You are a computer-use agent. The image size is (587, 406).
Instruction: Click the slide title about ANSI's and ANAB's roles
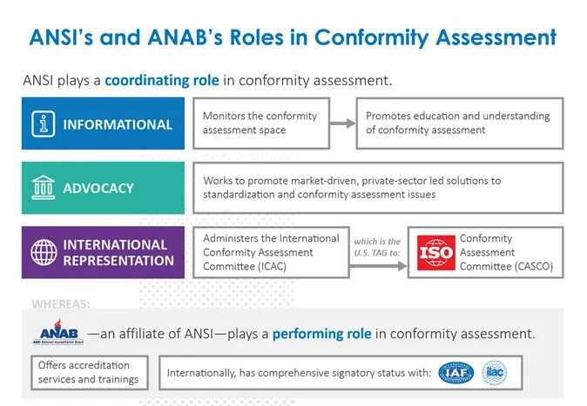pos(293,37)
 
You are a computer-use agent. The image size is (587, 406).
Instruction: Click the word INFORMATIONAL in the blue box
pos(118,124)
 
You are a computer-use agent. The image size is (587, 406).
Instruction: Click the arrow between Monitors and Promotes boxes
pos(344,123)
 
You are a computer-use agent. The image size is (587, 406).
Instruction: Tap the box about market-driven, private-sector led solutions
pos(379,187)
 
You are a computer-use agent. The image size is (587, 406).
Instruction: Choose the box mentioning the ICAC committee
pos(270,252)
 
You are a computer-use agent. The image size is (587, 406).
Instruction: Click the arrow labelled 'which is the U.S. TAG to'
pos(377,252)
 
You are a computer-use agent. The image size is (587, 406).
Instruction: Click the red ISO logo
pos(435,253)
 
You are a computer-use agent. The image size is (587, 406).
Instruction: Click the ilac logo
pos(494,373)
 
